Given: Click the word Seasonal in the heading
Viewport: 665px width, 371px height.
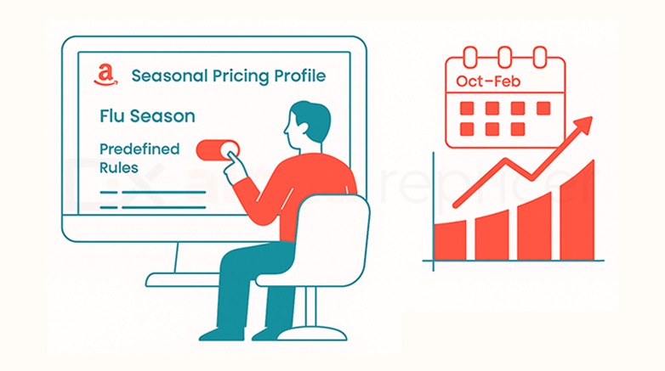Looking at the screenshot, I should click(x=166, y=76).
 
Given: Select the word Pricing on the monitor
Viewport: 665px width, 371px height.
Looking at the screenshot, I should click(x=237, y=76).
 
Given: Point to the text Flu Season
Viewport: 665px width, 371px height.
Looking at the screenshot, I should click(x=147, y=115).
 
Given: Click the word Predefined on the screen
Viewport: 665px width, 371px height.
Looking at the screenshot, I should click(x=139, y=149).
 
